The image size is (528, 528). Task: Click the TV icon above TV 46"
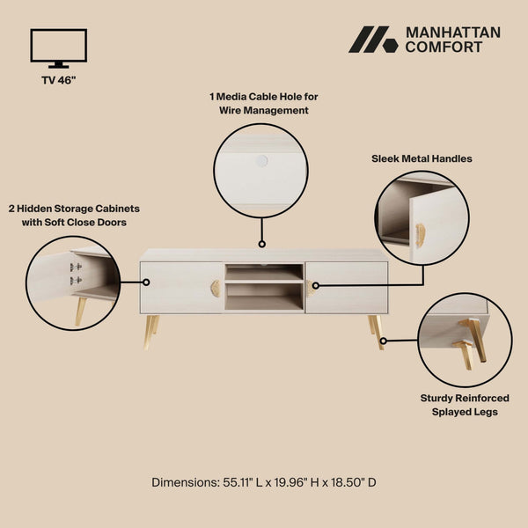click(x=59, y=48)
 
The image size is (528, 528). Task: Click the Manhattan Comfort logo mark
click(x=372, y=40)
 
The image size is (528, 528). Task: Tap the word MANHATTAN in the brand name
click(x=452, y=33)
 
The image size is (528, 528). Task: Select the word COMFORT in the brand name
click(x=444, y=48)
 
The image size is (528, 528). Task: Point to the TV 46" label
click(x=59, y=80)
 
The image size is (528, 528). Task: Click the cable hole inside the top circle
click(x=261, y=161)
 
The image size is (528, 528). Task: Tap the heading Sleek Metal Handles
click(x=422, y=158)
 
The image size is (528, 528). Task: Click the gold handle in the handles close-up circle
click(x=421, y=235)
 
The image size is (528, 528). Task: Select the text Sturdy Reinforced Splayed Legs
click(x=464, y=405)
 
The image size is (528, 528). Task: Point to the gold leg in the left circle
click(x=81, y=310)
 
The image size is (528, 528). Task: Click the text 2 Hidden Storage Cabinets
click(x=75, y=209)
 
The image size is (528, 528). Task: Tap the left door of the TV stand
click(x=181, y=288)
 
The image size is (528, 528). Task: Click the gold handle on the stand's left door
click(x=216, y=289)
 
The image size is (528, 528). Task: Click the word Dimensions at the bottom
click(x=183, y=482)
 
